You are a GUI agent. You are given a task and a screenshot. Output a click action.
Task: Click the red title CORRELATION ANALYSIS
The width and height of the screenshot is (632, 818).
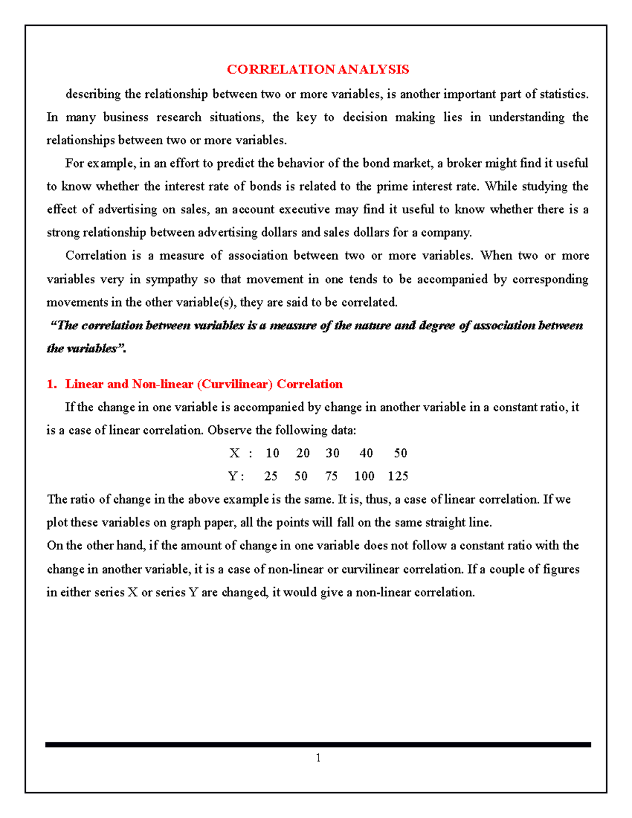pyautogui.click(x=318, y=70)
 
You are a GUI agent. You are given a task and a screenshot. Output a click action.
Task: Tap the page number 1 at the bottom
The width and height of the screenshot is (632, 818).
pyautogui.click(x=318, y=758)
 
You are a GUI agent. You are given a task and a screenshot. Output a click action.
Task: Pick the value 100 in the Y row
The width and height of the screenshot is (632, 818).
pyautogui.click(x=364, y=476)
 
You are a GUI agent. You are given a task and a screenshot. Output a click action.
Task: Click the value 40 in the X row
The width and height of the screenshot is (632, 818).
pyautogui.click(x=366, y=453)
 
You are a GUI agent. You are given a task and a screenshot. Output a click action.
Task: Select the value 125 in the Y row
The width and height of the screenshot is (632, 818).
pyautogui.click(x=398, y=476)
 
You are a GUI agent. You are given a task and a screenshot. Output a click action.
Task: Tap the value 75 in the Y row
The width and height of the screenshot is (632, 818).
pyautogui.click(x=331, y=476)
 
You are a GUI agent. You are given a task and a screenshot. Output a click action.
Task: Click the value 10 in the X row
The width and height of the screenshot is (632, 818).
pyautogui.click(x=272, y=453)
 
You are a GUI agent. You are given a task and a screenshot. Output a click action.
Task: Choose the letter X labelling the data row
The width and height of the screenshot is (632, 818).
pyautogui.click(x=234, y=453)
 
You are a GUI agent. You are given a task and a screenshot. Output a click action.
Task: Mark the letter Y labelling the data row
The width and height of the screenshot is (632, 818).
pyautogui.click(x=233, y=476)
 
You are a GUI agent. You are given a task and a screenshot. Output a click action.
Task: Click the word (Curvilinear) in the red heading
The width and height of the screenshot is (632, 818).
pyautogui.click(x=235, y=384)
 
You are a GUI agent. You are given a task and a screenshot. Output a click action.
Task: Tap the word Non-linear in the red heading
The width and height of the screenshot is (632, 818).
pyautogui.click(x=163, y=384)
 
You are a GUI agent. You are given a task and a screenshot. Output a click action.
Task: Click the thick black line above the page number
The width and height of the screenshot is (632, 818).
pyautogui.click(x=318, y=745)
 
